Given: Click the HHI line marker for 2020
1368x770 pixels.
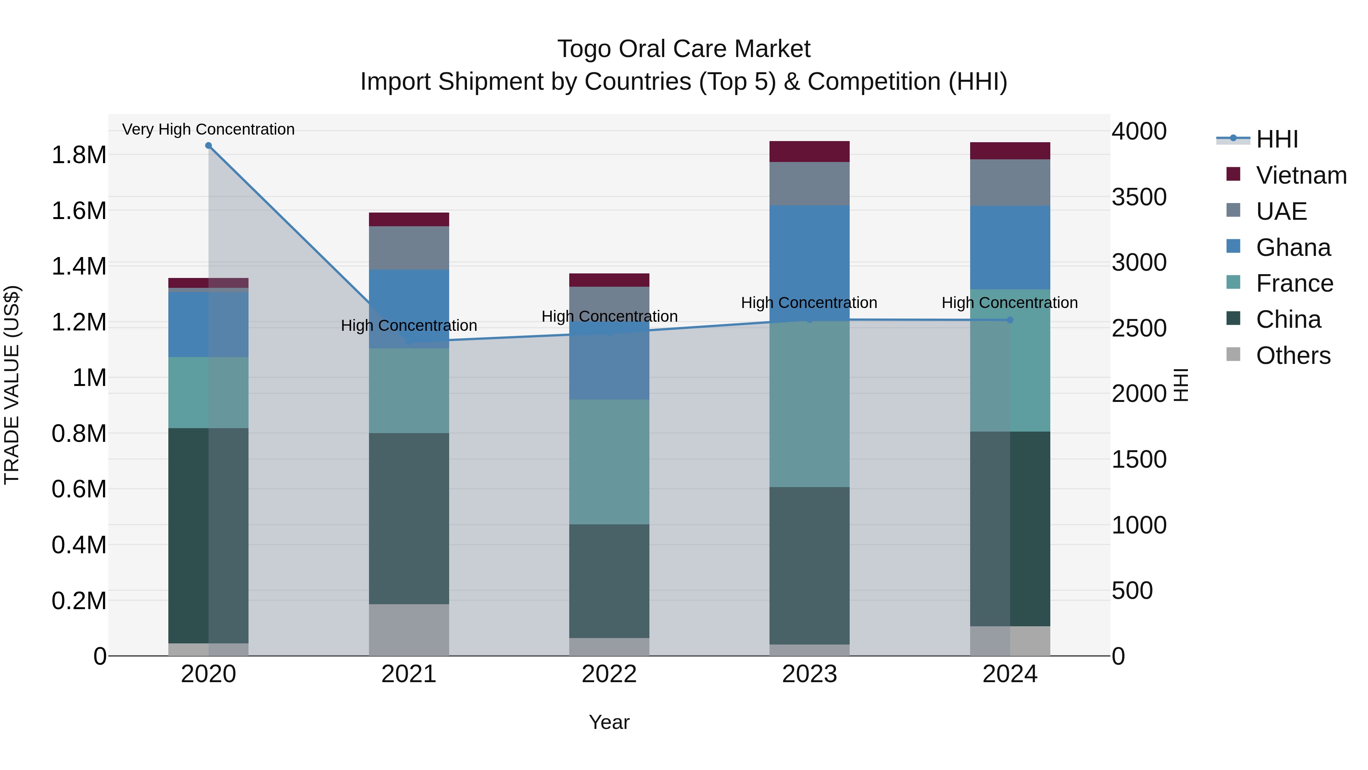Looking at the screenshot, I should (x=208, y=146).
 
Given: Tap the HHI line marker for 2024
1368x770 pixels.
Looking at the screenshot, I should (x=1010, y=320).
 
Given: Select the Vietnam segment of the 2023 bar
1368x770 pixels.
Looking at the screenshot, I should (x=809, y=151).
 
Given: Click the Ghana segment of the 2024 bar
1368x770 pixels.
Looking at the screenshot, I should (x=1010, y=247).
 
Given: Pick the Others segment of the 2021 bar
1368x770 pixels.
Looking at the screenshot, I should (x=409, y=630).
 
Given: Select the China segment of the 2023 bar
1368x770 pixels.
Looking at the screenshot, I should (x=809, y=565).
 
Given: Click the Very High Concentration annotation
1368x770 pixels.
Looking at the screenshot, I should (x=208, y=129).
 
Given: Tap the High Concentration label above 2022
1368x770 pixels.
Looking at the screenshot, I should (x=609, y=316).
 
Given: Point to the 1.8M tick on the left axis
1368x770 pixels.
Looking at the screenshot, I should (x=79, y=155).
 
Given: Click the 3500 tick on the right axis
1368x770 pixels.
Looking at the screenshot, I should (x=1139, y=197).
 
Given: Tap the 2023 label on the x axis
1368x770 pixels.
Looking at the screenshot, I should (x=809, y=674).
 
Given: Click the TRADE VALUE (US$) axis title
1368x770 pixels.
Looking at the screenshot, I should (x=12, y=385).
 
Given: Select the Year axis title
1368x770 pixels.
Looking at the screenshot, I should (x=609, y=722).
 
